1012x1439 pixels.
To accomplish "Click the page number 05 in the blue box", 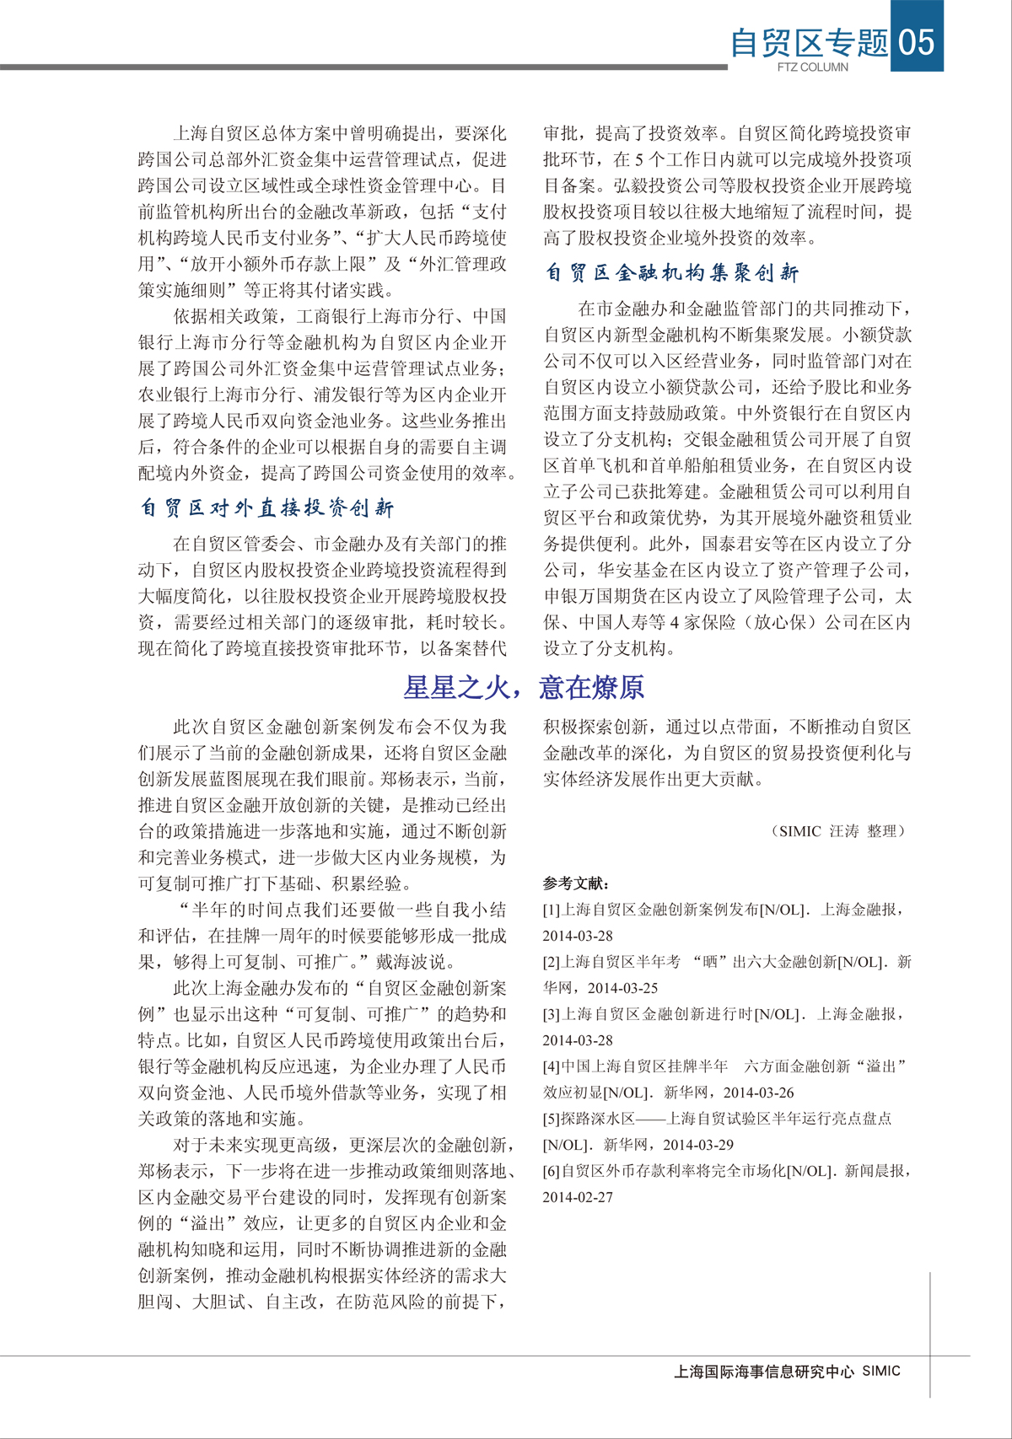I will coord(917,40).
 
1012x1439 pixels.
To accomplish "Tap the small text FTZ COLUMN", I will coord(813,67).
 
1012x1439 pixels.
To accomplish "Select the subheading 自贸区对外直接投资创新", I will coord(266,508).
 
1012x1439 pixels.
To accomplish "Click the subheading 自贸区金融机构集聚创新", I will coord(671,273).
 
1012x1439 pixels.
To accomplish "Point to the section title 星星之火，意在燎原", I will coord(524,688).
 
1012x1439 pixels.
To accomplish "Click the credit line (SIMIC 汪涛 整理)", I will coord(838,831).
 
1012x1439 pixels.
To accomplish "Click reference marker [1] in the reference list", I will coord(552,910).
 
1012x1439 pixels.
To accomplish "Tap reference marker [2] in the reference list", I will coord(552,962).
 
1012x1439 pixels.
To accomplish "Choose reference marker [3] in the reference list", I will coord(552,1014).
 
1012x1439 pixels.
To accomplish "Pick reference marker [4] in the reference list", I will coord(552,1066).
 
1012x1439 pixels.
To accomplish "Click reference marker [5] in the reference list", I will coord(552,1119).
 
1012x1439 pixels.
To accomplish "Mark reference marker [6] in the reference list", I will coord(552,1171).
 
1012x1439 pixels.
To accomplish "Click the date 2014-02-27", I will coord(578,1197).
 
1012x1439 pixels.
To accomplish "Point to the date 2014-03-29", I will coord(698,1145).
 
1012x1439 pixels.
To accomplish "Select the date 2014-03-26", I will coord(758,1093).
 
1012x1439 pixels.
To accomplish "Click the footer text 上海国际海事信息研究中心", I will coord(764,1372).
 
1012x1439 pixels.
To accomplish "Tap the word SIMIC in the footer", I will coord(881,1371).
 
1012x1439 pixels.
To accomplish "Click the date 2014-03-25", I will coord(622,988).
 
